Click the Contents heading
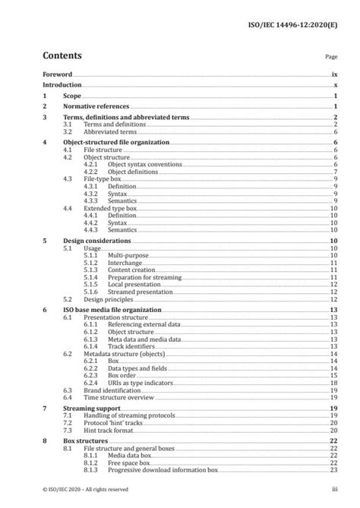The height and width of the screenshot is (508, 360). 63,55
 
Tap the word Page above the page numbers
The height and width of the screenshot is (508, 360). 330,57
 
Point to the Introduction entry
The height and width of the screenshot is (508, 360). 63,86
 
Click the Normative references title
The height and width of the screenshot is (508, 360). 96,107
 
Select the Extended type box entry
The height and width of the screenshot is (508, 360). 112,208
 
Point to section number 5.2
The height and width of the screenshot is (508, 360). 67,299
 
